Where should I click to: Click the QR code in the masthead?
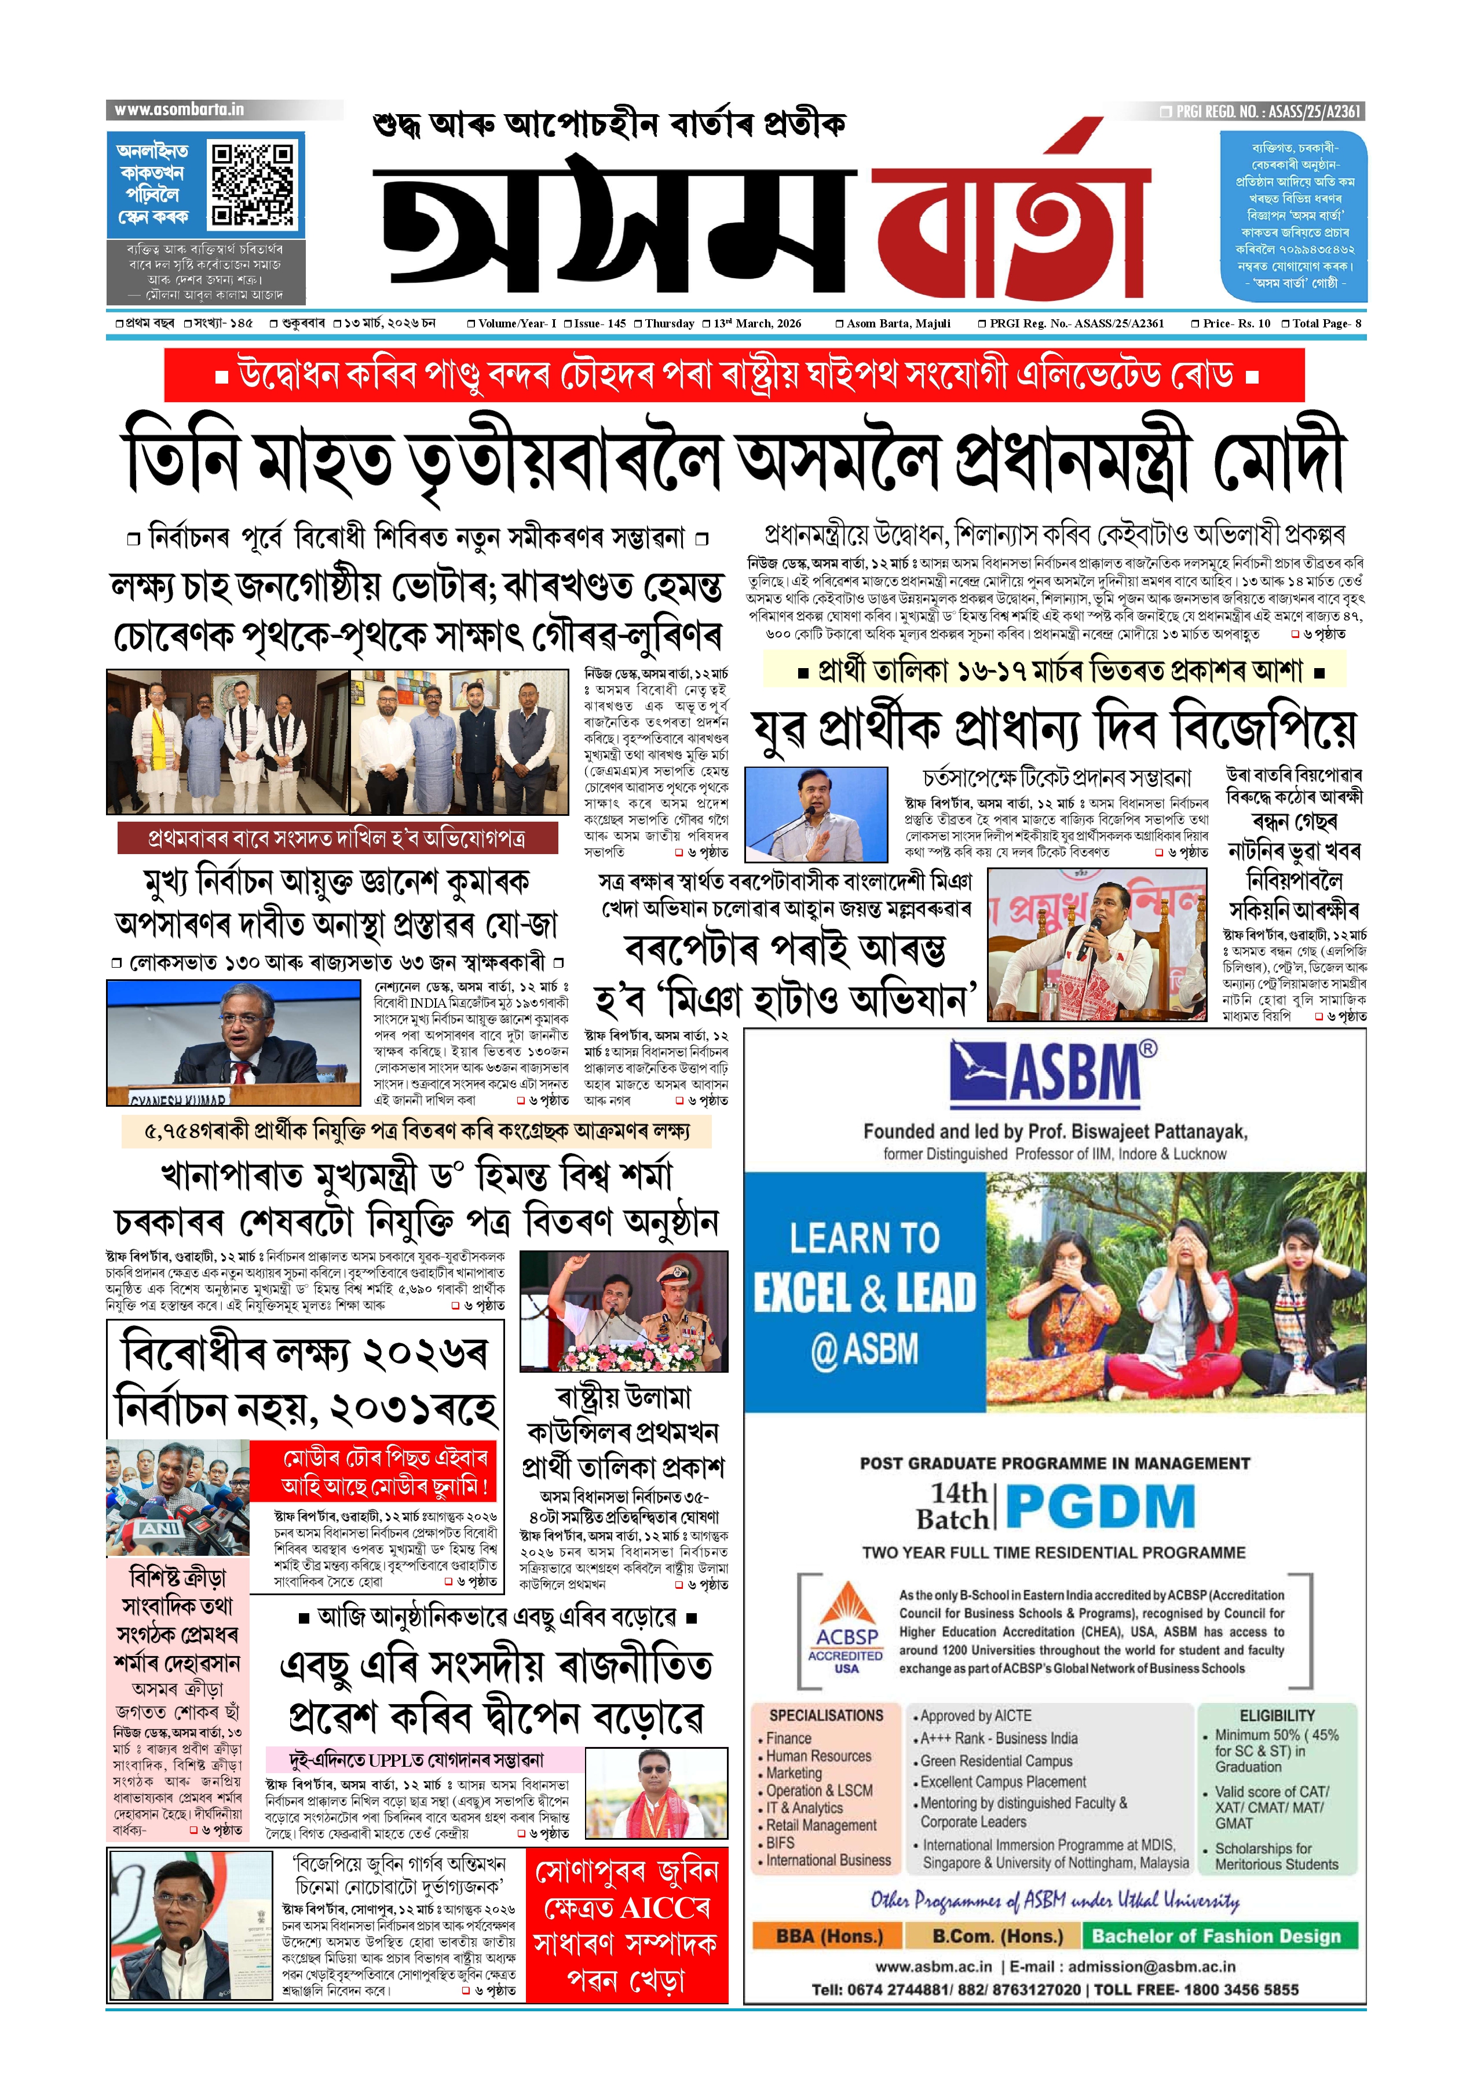pos(252,183)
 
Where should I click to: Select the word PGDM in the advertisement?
pos(1101,1507)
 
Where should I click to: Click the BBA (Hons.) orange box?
pos(828,1935)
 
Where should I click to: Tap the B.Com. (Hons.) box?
pos(998,1935)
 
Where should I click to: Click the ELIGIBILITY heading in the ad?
pos(1277,1715)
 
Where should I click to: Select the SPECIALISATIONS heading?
pos(826,1715)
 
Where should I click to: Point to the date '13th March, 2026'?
pos(756,323)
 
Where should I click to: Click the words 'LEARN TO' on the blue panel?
pos(864,1238)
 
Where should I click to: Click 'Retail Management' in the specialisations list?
pos(821,1825)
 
